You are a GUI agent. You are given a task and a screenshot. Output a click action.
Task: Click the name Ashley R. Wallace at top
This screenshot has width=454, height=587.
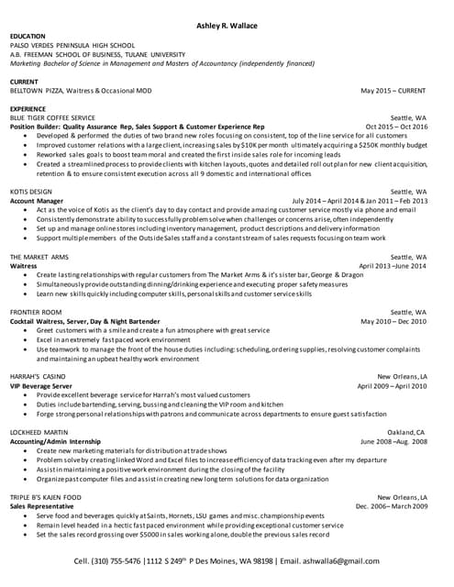227,25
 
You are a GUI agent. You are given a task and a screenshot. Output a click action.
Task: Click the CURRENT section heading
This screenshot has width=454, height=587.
26,82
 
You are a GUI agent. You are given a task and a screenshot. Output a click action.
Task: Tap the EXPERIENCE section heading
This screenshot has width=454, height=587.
30,108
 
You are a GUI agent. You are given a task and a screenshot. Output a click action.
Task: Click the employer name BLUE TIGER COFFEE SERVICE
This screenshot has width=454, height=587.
52,117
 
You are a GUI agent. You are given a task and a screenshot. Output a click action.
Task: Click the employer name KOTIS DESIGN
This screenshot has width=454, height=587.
31,191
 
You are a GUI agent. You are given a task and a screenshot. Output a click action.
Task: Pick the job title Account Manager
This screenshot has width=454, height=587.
37,200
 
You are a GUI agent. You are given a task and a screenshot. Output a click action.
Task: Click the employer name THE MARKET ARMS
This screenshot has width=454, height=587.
41,257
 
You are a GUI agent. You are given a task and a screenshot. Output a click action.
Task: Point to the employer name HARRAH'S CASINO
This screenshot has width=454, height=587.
38,377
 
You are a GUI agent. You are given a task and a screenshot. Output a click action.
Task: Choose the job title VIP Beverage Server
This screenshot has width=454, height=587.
42,386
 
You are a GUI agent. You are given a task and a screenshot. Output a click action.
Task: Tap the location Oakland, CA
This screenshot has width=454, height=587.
406,431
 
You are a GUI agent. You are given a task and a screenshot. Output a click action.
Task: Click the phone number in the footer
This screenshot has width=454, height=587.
134,559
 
